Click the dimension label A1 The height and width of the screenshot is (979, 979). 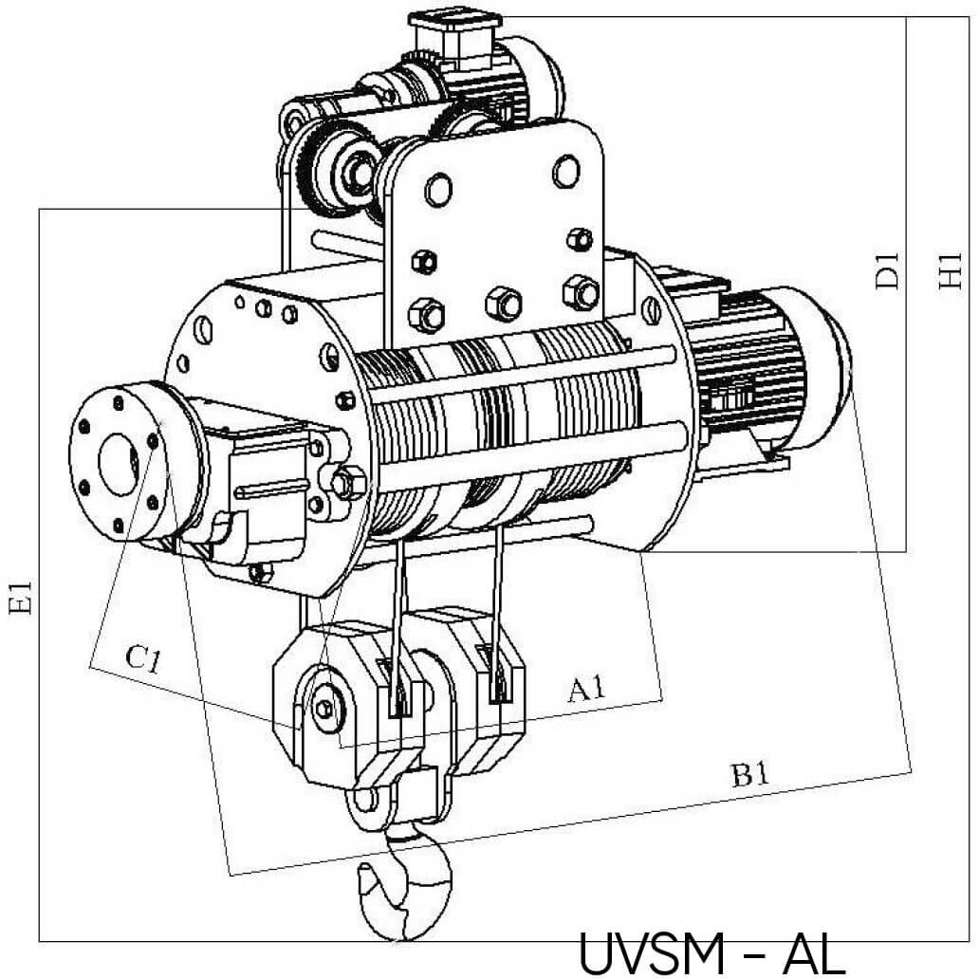(586, 688)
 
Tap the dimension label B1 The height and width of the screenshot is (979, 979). (749, 774)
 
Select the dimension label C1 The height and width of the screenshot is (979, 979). (141, 657)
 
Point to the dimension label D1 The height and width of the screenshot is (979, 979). (887, 272)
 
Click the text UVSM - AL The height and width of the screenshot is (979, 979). (711, 953)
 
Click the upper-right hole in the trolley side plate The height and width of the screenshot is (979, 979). (564, 171)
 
